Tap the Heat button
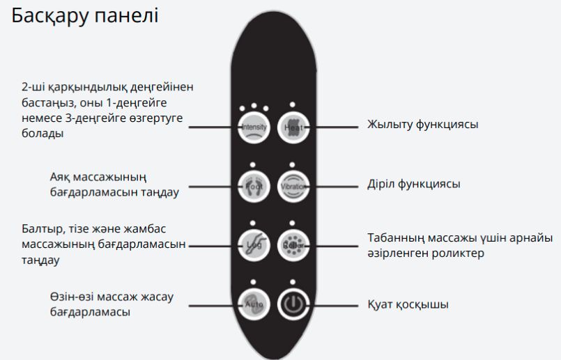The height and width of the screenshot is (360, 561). tap(292, 127)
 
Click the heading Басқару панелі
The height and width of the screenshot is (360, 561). tap(85, 15)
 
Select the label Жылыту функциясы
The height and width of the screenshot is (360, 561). tap(422, 125)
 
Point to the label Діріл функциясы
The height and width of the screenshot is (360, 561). tap(413, 185)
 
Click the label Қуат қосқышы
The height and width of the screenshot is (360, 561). tap(408, 305)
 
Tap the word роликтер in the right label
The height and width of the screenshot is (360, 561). tap(456, 253)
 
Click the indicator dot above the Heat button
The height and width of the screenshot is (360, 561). tap(292, 105)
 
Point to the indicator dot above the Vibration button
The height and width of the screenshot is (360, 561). tap(292, 165)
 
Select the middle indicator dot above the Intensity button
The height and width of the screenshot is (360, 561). tap(253, 106)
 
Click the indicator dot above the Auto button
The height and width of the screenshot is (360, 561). tap(252, 283)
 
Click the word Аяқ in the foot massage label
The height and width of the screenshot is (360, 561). tap(61, 177)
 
